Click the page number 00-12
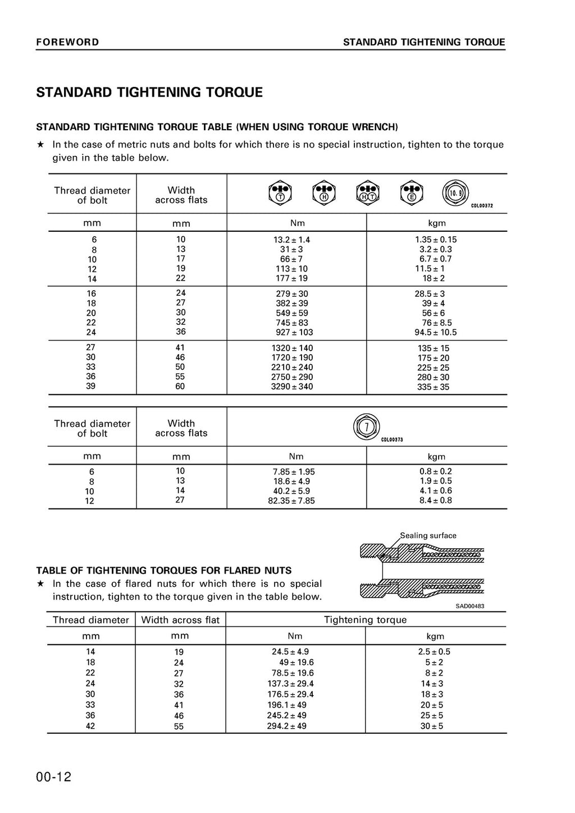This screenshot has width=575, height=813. click(x=54, y=777)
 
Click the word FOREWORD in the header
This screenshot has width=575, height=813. click(x=67, y=42)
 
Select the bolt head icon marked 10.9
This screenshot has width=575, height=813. click(x=454, y=193)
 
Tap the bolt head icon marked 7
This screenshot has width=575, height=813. click(x=367, y=426)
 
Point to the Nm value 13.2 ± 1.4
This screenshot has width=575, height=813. click(x=291, y=240)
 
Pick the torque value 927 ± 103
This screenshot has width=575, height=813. click(x=294, y=332)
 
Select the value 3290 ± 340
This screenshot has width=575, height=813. click(x=292, y=387)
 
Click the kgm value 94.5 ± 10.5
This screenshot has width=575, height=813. click(x=436, y=332)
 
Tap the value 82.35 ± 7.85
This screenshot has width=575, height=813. click(x=291, y=500)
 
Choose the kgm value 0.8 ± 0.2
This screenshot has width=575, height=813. click(x=435, y=471)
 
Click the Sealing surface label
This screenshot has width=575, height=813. click(x=428, y=535)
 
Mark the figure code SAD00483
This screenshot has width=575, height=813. click(x=469, y=606)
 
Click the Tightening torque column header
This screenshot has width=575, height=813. click(x=365, y=619)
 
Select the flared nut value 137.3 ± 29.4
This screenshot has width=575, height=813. click(x=290, y=683)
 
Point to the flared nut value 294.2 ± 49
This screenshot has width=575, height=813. click(x=286, y=726)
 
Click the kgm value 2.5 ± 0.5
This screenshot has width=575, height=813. click(x=434, y=651)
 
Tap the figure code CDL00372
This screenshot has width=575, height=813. click(x=482, y=206)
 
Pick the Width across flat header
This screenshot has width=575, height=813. click(x=180, y=619)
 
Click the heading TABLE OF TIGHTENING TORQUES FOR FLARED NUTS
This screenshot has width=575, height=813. click(x=164, y=570)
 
